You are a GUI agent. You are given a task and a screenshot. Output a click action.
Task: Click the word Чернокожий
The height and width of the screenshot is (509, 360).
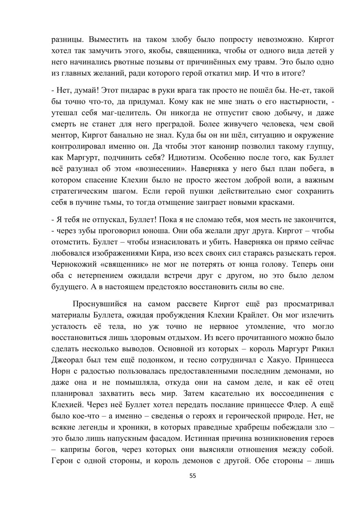pos(74,265)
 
